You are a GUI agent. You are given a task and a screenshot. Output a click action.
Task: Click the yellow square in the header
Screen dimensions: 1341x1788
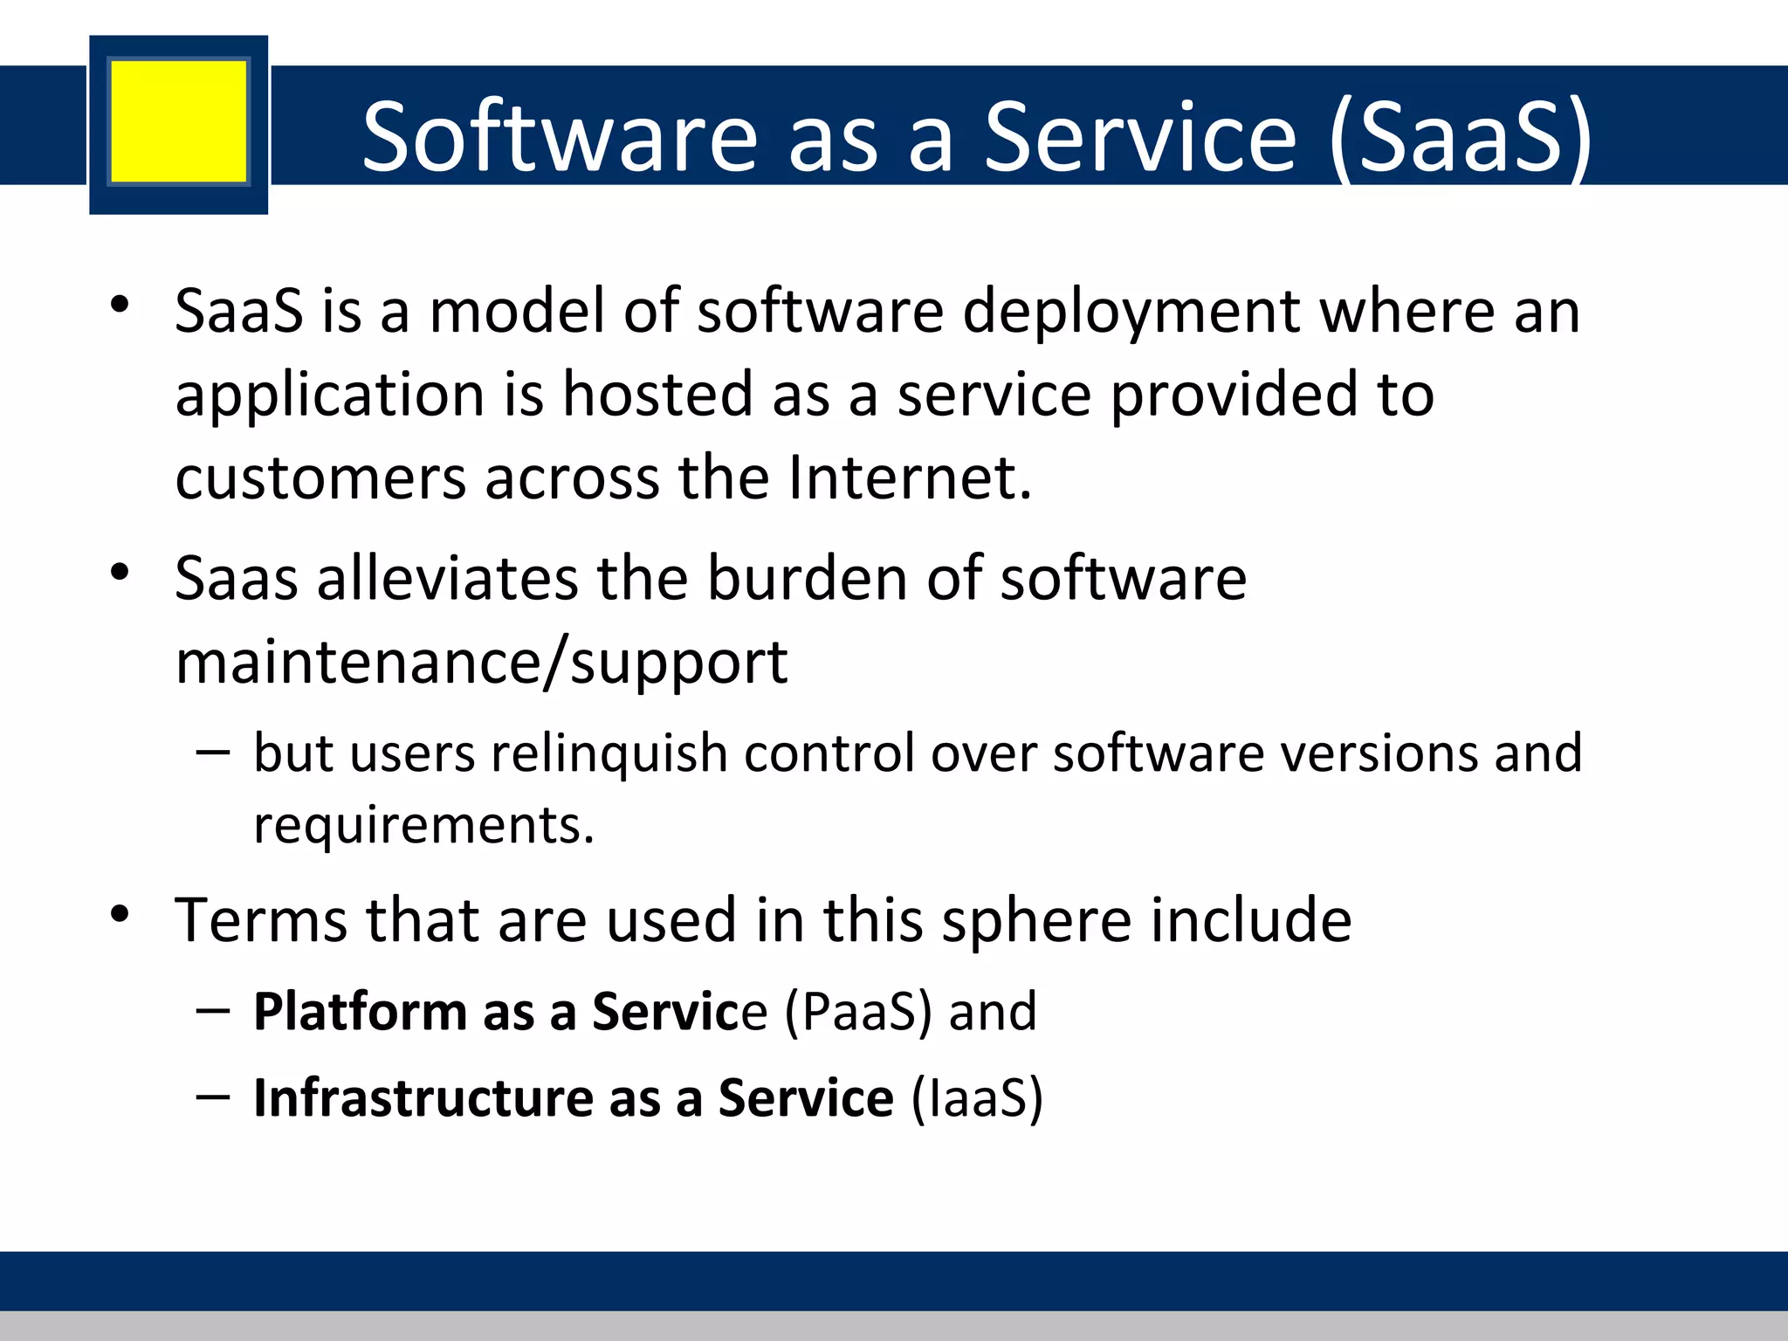coord(178,121)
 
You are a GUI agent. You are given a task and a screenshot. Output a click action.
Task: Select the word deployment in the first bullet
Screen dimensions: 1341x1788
coord(1131,313)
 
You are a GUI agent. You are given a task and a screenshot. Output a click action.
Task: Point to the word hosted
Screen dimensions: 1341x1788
coord(657,395)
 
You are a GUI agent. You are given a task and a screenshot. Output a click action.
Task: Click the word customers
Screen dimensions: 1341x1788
coord(320,479)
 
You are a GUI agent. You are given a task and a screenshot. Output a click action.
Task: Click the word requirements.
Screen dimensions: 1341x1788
coord(423,826)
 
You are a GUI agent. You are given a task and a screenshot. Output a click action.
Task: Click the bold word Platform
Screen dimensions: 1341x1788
coord(360,1013)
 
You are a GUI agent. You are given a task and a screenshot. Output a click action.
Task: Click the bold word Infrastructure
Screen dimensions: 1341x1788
coord(423,1098)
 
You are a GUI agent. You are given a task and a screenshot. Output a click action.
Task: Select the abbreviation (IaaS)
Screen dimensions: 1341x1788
coord(977,1098)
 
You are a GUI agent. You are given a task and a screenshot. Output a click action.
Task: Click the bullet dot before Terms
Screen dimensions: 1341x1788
coord(120,914)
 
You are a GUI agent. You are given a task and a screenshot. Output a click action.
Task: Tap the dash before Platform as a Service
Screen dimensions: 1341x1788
coord(213,1010)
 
